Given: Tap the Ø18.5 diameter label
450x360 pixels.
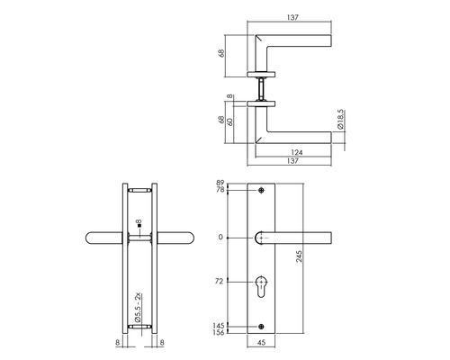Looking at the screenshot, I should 339,121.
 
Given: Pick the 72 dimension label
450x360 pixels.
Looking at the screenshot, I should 219,282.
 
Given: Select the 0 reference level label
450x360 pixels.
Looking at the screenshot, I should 221,237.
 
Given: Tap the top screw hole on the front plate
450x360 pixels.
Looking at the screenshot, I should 262,192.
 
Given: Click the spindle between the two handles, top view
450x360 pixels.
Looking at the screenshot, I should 262,87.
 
